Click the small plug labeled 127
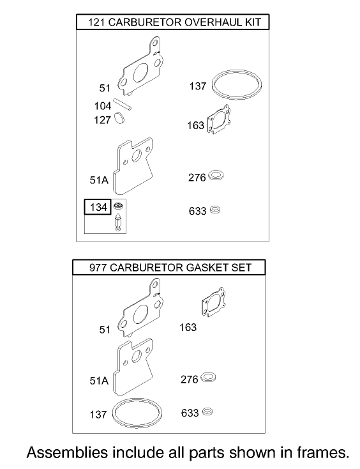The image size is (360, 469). (x=122, y=119)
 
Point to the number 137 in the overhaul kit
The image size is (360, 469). (x=198, y=86)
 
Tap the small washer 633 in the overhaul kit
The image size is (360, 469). (x=215, y=210)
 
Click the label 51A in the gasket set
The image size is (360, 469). (x=99, y=380)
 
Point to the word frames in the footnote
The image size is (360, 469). (x=320, y=452)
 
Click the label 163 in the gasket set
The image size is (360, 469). (x=188, y=327)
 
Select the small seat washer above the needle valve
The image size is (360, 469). (x=117, y=206)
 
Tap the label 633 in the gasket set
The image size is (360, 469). (x=189, y=413)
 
